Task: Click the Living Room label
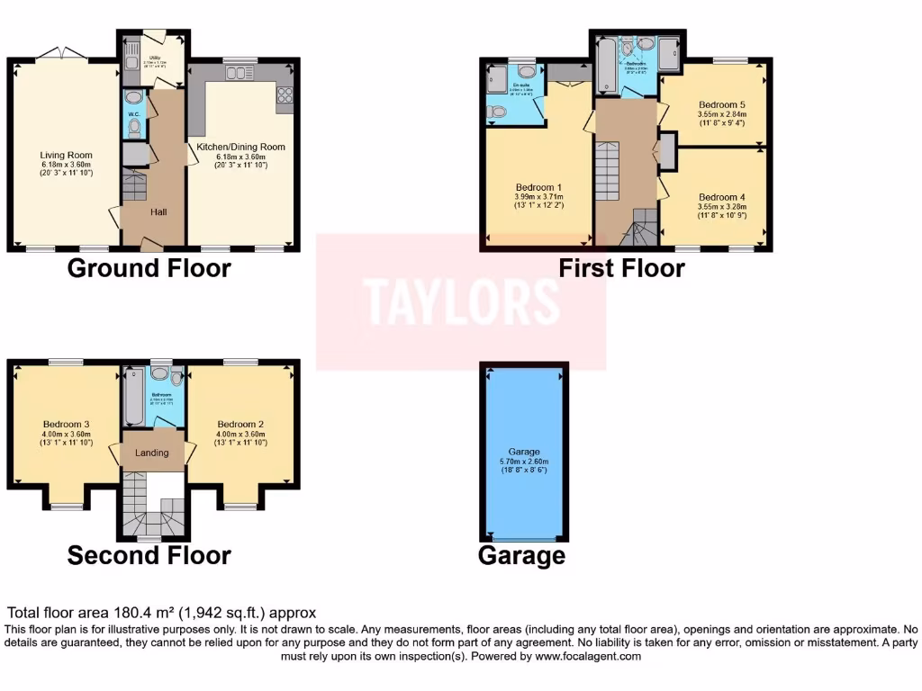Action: [66, 155]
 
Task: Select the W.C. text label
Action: [133, 114]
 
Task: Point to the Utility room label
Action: [154, 56]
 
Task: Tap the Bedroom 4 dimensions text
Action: [721, 211]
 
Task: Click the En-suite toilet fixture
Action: [495, 112]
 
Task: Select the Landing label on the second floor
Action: [151, 453]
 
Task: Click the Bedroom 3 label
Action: [66, 424]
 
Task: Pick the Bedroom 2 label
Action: [240, 424]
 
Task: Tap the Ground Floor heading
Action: [149, 268]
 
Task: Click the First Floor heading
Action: [621, 268]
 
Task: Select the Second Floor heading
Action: [149, 556]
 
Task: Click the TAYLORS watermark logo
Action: [461, 301]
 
